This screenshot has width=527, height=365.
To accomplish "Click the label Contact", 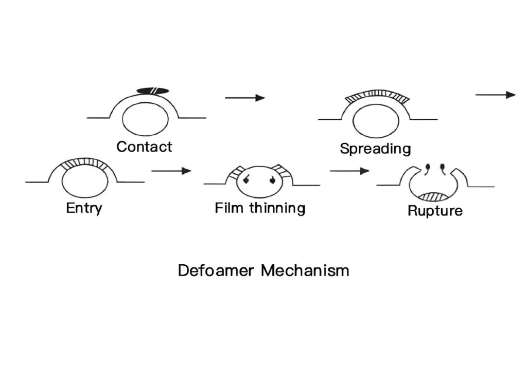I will [x=144, y=147].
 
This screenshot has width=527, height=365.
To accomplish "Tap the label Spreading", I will [x=375, y=149].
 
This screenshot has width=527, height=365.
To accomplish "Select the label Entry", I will [x=84, y=208].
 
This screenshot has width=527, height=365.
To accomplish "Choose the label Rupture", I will [x=435, y=211].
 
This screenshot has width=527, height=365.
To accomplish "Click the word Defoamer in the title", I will [x=217, y=270].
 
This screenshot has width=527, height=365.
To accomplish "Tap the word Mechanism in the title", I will [x=305, y=270].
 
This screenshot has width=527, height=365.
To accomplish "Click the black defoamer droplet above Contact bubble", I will [x=153, y=90].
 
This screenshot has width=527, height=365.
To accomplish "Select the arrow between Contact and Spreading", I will [x=245, y=98].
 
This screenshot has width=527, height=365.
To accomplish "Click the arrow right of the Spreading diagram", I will [x=495, y=95].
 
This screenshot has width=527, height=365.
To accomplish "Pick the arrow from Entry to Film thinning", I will [x=171, y=171].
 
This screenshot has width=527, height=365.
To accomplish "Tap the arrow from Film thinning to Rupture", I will [x=349, y=171].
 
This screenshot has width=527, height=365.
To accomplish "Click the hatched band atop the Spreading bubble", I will [x=377, y=95].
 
